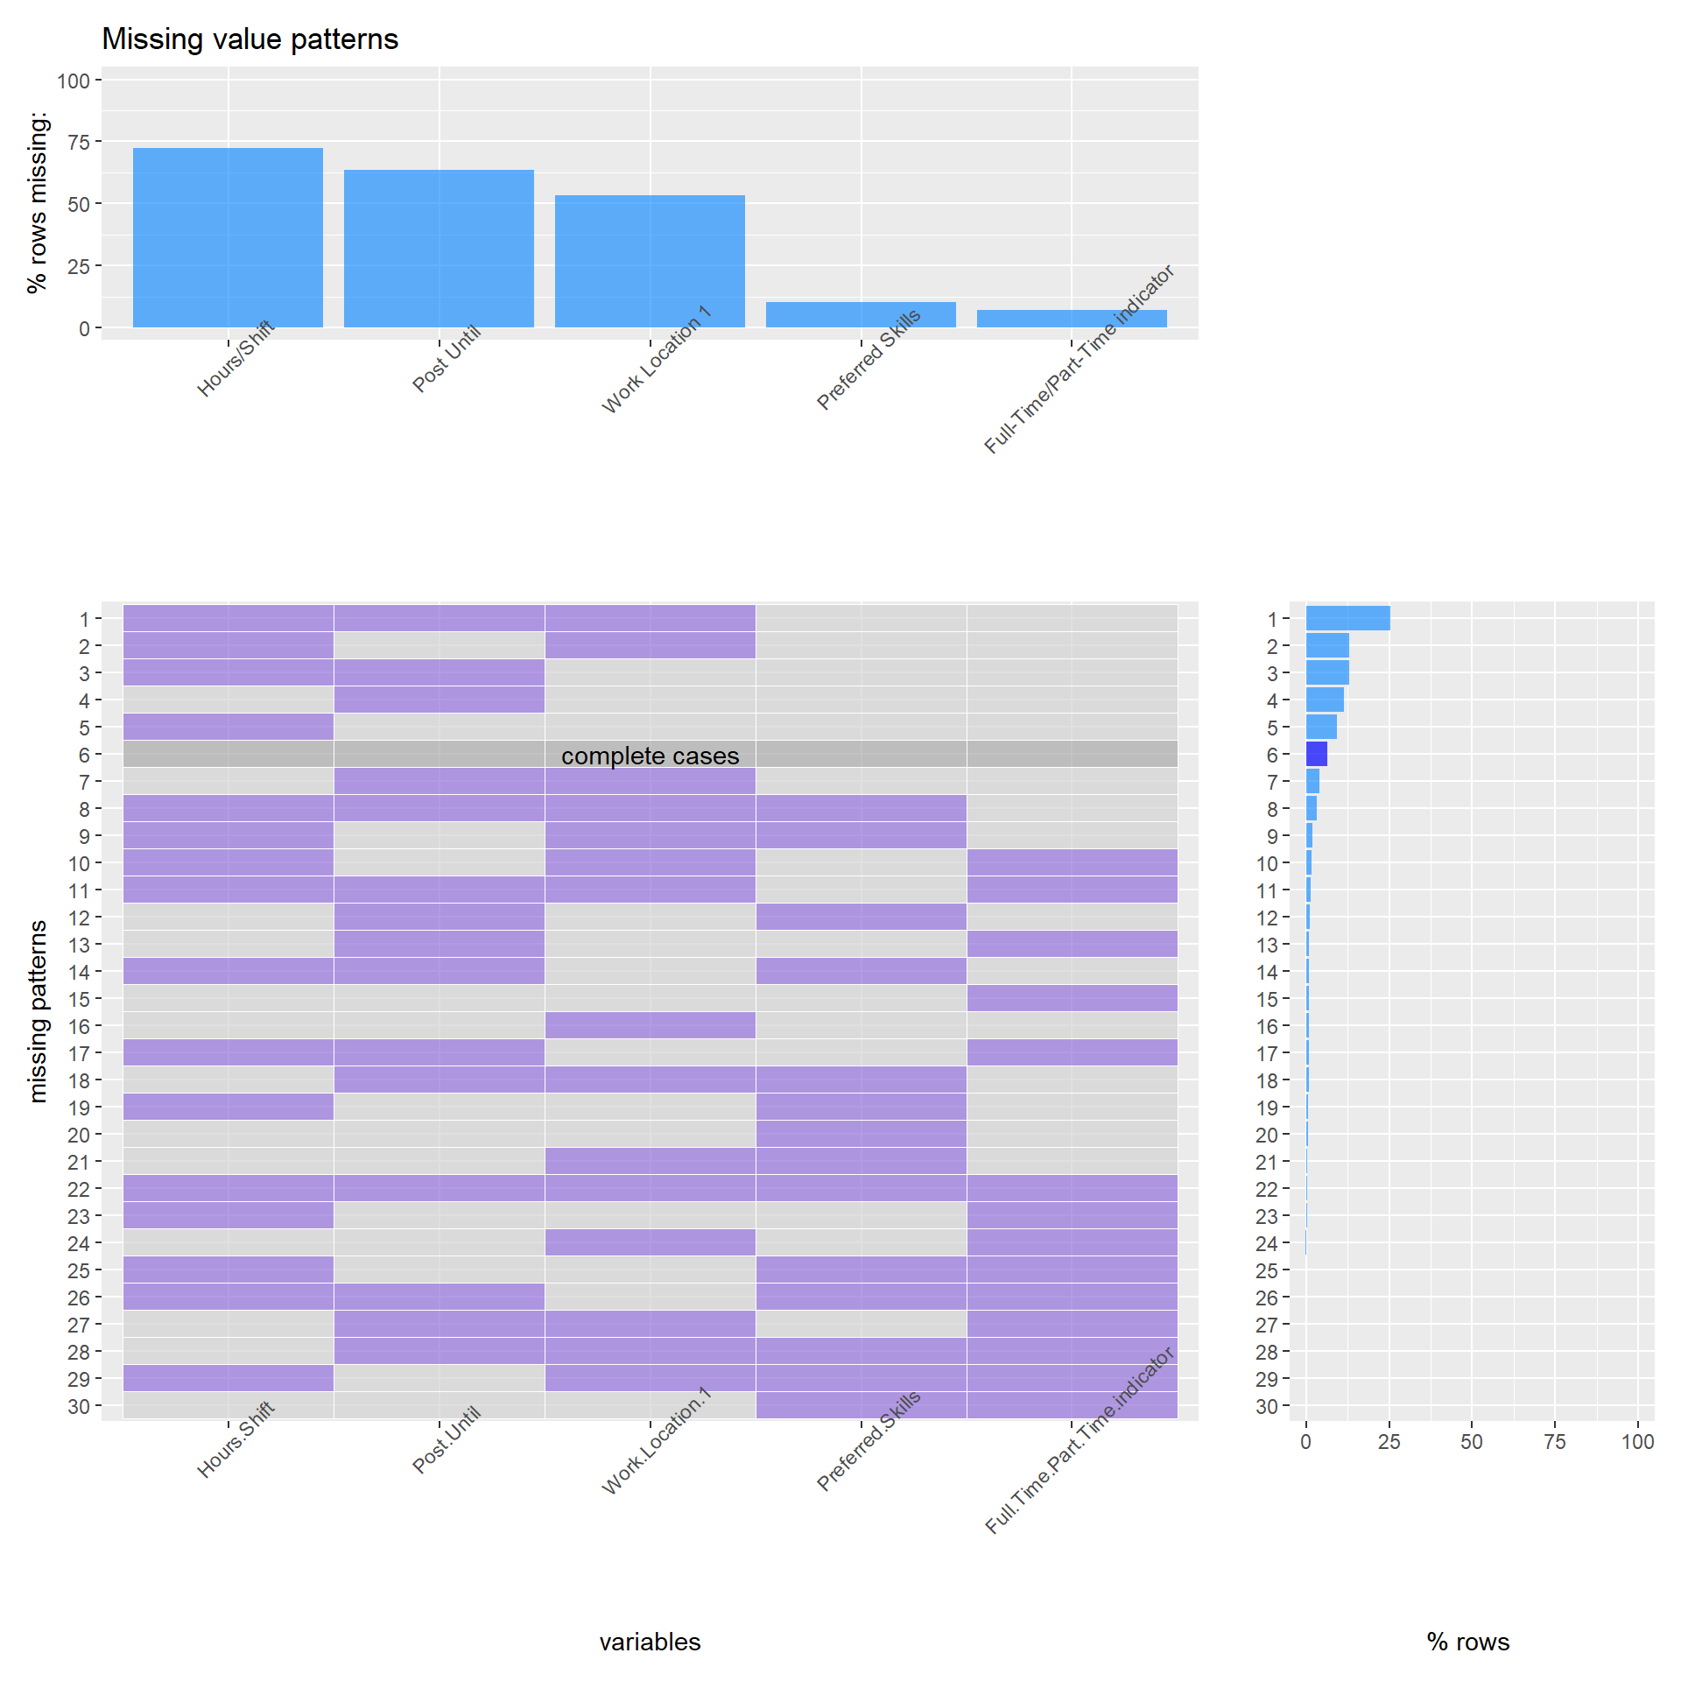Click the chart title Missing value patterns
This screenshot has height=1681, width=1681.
pos(250,39)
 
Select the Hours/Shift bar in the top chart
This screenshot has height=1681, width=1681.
pos(228,238)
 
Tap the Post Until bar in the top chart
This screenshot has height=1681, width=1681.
pos(439,249)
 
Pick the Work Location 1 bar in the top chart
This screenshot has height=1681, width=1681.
pos(650,261)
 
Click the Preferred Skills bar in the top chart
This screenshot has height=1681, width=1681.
pos(861,315)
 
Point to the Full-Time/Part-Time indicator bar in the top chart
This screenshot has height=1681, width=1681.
pos(1072,319)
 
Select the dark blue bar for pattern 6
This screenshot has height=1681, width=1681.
pos(1316,754)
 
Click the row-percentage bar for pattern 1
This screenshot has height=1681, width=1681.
pos(1347,618)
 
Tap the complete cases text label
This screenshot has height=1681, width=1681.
pos(650,756)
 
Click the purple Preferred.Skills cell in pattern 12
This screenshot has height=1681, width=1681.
pos(861,917)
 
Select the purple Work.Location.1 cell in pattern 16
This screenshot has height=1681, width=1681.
pos(650,1025)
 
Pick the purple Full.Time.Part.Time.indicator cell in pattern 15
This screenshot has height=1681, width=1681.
pos(1072,998)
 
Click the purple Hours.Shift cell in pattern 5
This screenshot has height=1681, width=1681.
pos(228,727)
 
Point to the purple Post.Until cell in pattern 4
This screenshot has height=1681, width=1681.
pos(439,700)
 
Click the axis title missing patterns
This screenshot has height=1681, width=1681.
pos(38,1011)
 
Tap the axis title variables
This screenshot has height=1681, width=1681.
pos(650,1642)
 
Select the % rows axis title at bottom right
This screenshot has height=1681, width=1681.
pos(1468,1642)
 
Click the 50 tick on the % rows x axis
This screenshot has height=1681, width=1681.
pos(1472,1442)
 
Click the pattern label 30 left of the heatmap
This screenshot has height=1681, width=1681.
pos(79,1406)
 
